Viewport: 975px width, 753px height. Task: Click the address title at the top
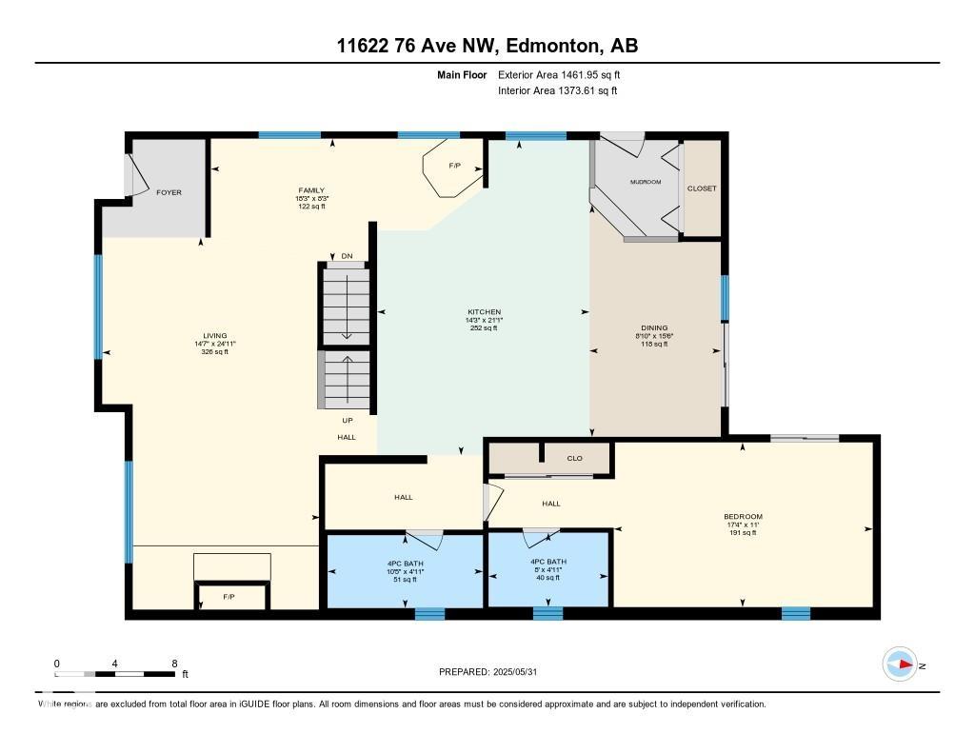coord(487,46)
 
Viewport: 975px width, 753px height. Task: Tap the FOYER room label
coord(169,192)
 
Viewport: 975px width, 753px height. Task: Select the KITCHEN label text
coord(484,312)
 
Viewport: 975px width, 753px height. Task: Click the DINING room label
coord(653,328)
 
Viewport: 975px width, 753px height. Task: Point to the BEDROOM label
coord(743,517)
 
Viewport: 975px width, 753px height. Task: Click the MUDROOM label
coord(645,182)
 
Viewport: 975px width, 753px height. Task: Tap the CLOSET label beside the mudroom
coord(702,188)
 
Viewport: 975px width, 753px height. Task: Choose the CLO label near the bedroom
coord(574,459)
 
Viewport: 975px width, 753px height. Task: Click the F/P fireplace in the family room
coord(454,167)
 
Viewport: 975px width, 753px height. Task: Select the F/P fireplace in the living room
coord(229,598)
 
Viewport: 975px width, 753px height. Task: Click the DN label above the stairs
coord(346,256)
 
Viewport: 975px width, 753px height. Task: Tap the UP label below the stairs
coord(347,420)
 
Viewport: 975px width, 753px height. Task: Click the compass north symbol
coord(901,664)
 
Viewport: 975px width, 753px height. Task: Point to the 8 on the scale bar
coord(174,664)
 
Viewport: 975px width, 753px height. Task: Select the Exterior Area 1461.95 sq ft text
coord(559,74)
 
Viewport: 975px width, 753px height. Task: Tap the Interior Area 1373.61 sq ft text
coord(557,90)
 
